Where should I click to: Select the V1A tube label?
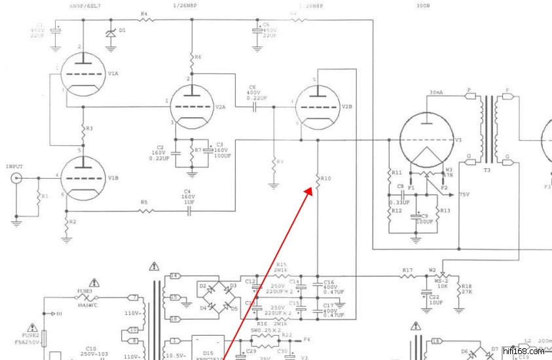[x=114, y=74]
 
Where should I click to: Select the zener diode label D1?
[x=122, y=31]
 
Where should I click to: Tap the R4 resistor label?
[x=144, y=13]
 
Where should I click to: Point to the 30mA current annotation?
[x=437, y=92]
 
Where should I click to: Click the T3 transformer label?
[x=487, y=169]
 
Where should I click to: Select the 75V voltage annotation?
[x=465, y=194]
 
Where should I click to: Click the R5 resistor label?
[x=144, y=202]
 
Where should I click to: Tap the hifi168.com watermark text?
[x=524, y=351]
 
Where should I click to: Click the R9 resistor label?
[x=281, y=162]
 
